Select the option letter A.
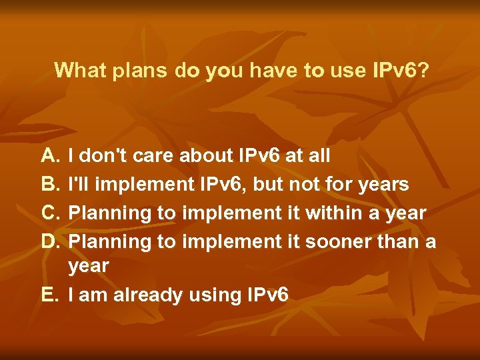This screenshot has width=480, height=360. point(50,157)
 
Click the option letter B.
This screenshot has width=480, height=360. point(50,185)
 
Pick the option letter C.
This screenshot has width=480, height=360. point(50,213)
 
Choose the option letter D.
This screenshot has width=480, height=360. point(50,241)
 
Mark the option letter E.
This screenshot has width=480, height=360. point(50,294)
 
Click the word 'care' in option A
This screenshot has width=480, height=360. point(156,157)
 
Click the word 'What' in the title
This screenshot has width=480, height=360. point(77,70)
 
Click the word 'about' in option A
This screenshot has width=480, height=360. point(207,157)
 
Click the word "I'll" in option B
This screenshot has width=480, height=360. point(77,185)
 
